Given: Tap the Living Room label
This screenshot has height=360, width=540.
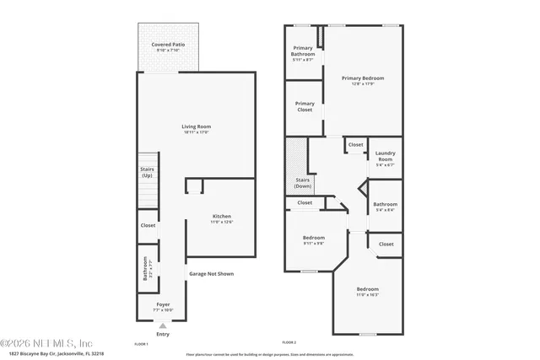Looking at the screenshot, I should (195, 128).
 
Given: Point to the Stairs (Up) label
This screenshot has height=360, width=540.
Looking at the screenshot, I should (146, 172).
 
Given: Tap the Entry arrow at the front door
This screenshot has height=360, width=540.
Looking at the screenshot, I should (163, 325).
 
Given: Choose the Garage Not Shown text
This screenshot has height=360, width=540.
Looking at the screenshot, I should (211, 274).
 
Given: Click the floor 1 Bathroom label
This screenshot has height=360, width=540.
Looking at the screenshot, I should (145, 268).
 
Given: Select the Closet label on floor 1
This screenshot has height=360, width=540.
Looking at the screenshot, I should (148, 225).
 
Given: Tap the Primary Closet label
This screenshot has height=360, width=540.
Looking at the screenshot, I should (304, 106).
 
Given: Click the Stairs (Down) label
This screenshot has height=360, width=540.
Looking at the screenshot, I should (302, 183).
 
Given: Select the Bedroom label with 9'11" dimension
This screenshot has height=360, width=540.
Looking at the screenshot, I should (313, 239).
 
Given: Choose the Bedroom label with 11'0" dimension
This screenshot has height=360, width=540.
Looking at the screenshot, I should (367, 291).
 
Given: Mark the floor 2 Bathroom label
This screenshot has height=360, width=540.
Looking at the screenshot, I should (386, 206).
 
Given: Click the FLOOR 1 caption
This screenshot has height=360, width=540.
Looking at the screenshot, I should (141, 344).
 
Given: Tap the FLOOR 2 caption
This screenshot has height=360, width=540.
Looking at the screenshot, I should (289, 342).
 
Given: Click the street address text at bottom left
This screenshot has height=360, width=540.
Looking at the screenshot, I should (51, 352).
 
